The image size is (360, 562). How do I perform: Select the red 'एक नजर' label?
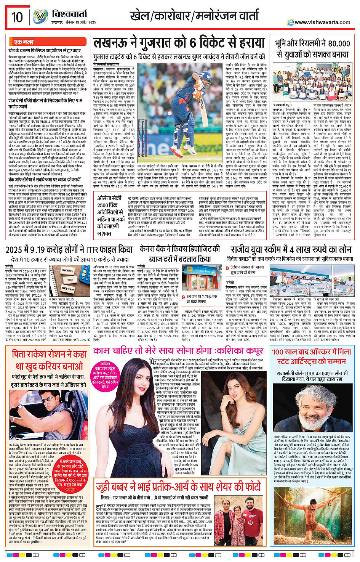pos(24,42)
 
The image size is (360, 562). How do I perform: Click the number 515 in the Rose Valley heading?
pos(78,101)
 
